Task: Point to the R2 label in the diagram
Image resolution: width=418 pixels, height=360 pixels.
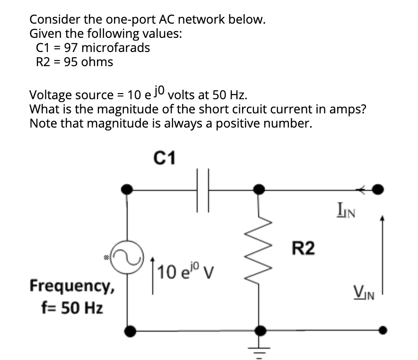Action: (x=303, y=248)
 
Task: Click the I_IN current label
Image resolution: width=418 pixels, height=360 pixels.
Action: (x=347, y=208)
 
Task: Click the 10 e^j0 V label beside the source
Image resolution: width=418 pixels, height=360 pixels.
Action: (x=182, y=272)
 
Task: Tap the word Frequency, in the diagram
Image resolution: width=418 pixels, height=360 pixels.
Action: (x=72, y=286)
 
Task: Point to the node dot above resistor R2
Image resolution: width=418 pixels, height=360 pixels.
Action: (x=259, y=190)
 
